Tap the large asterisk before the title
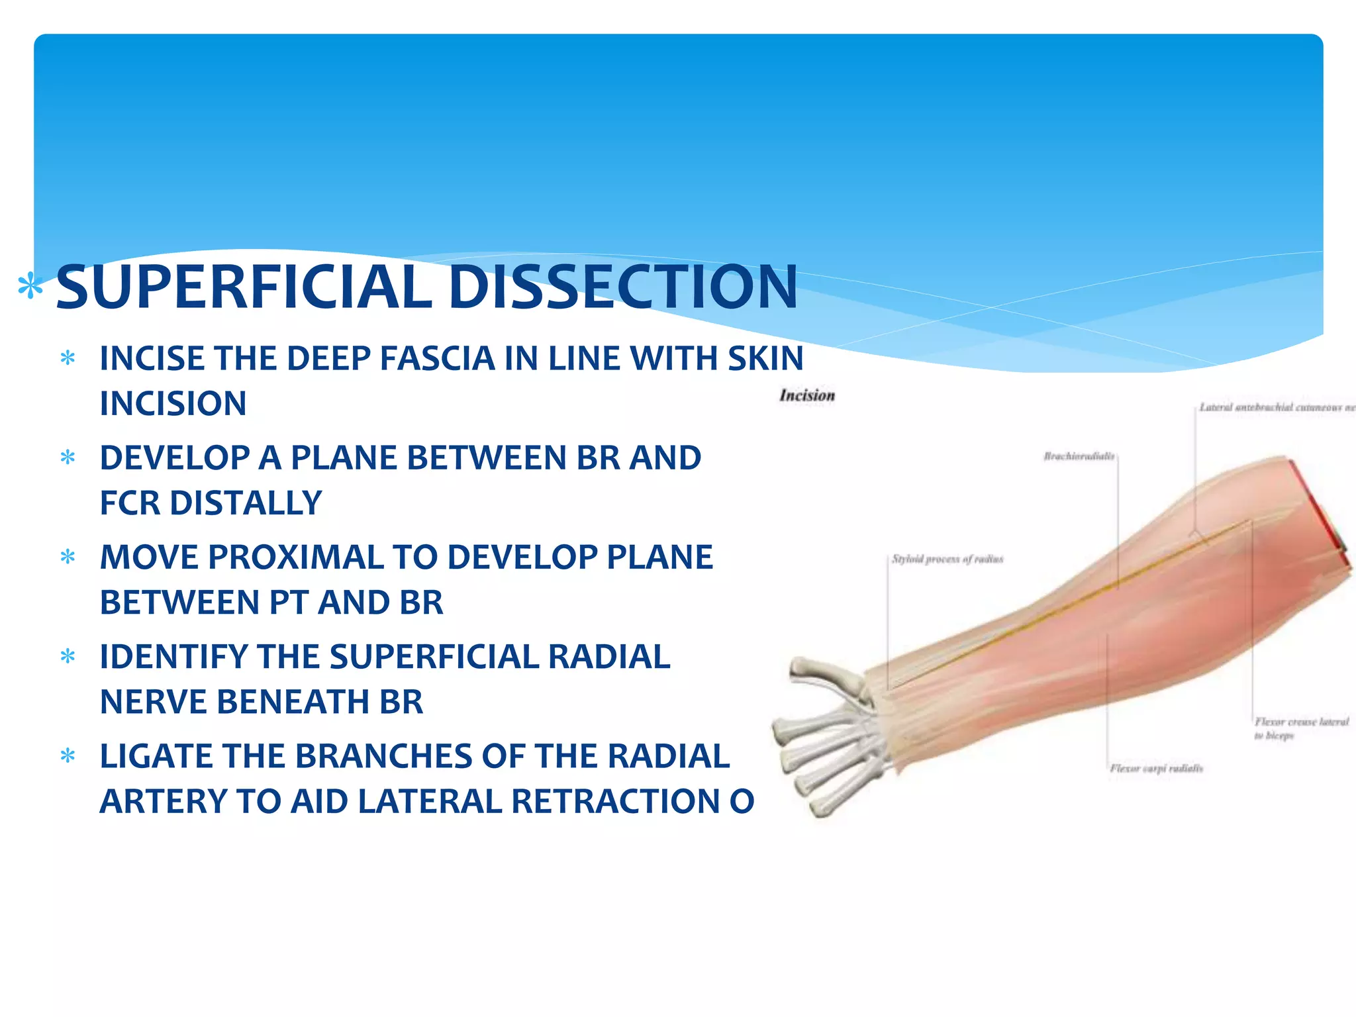click(x=30, y=288)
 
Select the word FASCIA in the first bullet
click(x=437, y=358)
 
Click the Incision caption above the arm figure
click(x=806, y=395)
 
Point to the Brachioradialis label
click(x=1079, y=456)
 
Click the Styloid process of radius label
click(x=947, y=559)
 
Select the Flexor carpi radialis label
click(x=1156, y=769)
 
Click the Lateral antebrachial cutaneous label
click(x=1275, y=407)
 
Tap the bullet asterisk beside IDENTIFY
click(x=68, y=657)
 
